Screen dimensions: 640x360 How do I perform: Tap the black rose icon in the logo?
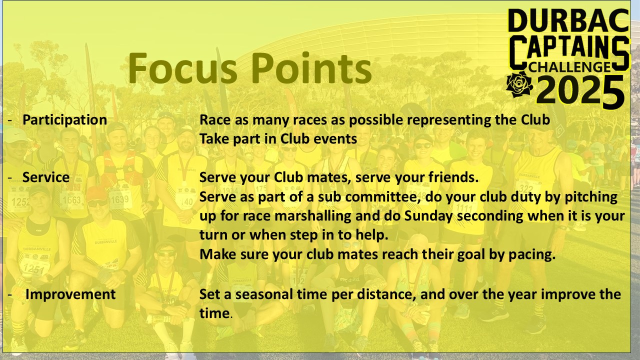pyautogui.click(x=519, y=84)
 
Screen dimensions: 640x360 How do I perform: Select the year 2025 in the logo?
pyautogui.click(x=580, y=91)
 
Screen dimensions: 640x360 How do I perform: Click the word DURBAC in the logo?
pyautogui.click(x=568, y=20)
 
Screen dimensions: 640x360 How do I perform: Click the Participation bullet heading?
pyautogui.click(x=65, y=120)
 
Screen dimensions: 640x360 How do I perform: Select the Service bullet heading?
pyautogui.click(x=46, y=177)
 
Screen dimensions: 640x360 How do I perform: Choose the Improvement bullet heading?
pyautogui.click(x=70, y=294)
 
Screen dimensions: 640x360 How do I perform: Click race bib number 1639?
pyautogui.click(x=119, y=199)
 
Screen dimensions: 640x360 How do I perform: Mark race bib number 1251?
pyautogui.click(x=33, y=269)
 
